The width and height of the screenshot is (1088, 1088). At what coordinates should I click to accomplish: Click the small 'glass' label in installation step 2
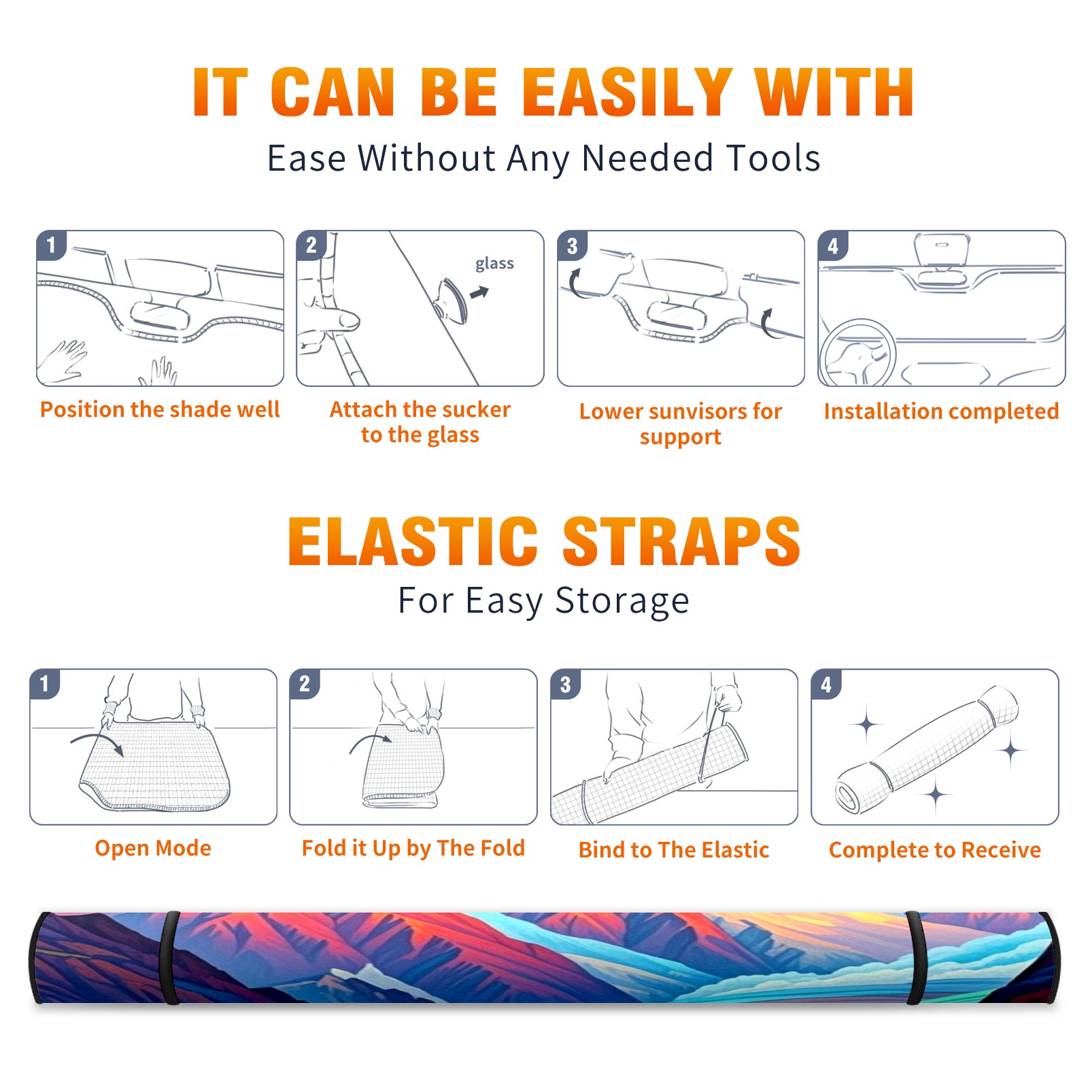[494, 263]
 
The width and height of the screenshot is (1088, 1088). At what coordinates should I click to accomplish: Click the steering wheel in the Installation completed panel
[857, 353]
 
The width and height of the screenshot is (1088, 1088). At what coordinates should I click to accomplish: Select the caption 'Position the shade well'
[160, 409]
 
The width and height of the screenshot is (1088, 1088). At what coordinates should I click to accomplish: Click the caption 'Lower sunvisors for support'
[681, 424]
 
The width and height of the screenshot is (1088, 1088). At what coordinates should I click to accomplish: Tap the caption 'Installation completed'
[941, 411]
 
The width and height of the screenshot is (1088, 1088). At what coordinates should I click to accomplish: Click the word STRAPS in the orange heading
[681, 541]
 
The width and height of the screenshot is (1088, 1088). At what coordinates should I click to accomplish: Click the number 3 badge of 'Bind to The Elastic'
[566, 684]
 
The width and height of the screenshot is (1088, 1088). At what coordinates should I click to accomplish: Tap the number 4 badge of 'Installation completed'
[833, 245]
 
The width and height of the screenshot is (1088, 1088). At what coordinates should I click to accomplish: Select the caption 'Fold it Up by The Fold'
[413, 848]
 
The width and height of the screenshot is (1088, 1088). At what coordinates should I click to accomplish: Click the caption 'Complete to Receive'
[935, 850]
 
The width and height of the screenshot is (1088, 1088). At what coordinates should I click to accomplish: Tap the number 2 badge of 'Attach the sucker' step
[311, 245]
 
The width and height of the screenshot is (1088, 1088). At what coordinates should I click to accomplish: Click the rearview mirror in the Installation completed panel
[942, 250]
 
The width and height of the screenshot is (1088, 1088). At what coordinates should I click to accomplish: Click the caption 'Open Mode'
[153, 848]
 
